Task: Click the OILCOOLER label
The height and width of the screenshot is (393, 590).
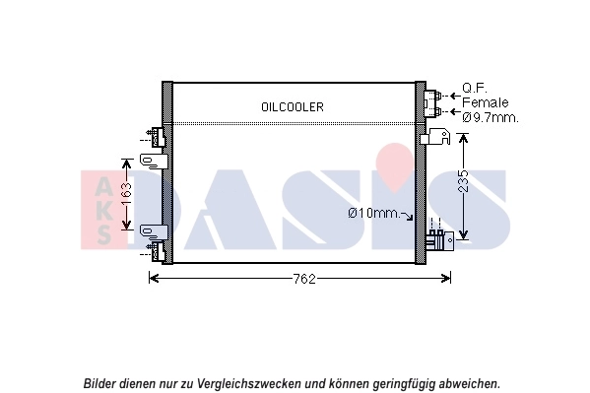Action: [x=293, y=106]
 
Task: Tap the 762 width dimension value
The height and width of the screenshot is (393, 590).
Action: [x=303, y=280]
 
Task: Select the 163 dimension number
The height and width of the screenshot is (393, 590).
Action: [x=126, y=192]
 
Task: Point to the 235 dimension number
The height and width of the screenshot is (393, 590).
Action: [x=463, y=184]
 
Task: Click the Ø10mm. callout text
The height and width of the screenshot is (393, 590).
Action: [x=374, y=214]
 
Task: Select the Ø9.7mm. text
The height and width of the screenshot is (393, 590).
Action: [x=490, y=116]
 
